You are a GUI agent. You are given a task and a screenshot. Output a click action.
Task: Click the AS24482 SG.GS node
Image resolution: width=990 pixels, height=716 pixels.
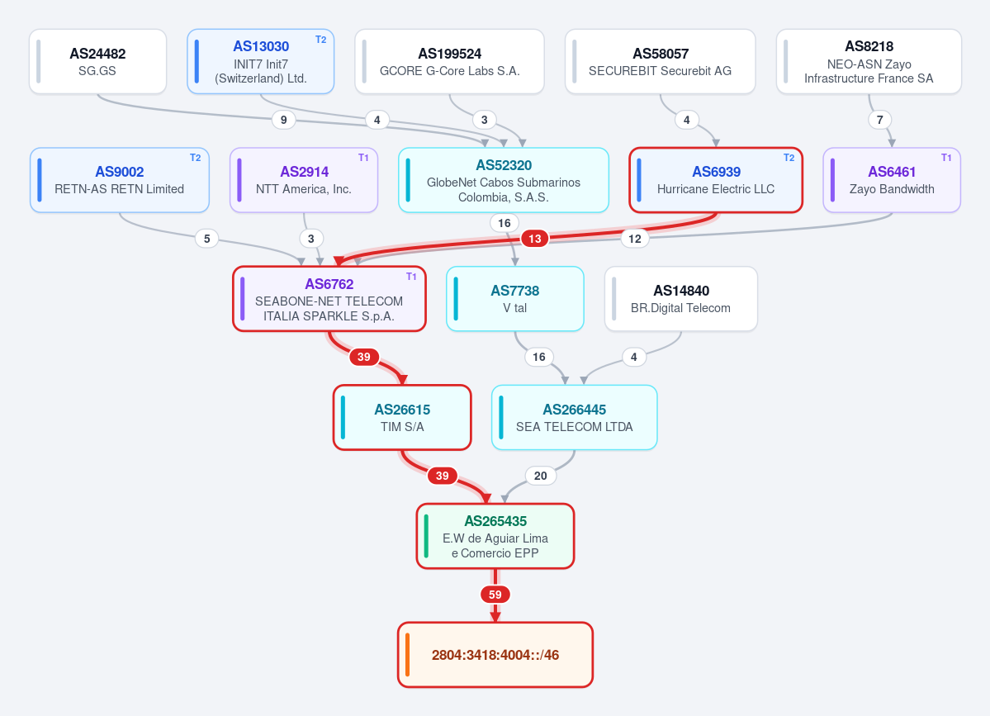tap(98, 61)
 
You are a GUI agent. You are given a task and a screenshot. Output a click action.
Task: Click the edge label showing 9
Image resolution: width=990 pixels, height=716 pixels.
tap(283, 120)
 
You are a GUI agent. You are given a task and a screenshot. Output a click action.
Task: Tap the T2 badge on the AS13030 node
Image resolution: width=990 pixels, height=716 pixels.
tap(320, 40)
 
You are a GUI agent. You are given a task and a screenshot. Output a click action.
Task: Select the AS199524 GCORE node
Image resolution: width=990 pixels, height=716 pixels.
tap(449, 61)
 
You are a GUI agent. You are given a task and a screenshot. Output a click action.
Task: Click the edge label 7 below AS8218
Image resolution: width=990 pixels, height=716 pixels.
tap(880, 120)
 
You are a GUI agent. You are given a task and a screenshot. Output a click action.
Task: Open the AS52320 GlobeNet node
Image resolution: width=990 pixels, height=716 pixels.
tap(504, 180)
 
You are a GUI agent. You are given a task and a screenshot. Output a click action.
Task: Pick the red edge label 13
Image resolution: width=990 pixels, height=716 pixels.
tap(535, 239)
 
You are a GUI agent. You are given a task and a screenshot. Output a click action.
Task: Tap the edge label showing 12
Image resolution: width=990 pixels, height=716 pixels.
tap(634, 239)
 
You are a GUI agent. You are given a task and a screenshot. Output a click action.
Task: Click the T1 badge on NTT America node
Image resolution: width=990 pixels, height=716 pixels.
tap(363, 158)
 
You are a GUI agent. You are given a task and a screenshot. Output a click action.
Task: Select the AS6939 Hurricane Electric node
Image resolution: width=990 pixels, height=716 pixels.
tap(716, 180)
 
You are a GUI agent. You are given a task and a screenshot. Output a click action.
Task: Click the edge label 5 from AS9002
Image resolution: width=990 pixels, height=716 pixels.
tap(207, 239)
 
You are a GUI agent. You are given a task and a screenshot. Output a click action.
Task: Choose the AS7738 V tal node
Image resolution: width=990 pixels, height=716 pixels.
tap(515, 299)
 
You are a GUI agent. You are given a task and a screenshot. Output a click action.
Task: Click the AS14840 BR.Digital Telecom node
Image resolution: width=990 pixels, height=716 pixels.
tap(681, 299)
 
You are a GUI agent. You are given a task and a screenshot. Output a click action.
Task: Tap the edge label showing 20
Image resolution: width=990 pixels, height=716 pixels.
tap(541, 476)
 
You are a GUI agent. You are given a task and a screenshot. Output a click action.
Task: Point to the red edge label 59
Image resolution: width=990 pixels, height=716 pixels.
tap(495, 595)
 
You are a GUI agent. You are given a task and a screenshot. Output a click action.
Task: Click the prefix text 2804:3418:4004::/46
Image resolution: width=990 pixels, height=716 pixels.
tap(495, 656)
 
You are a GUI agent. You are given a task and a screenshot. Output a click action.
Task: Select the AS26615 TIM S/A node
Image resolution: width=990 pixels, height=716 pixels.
tap(402, 417)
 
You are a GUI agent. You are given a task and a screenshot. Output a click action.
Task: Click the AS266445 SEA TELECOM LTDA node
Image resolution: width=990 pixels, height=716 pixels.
tap(575, 417)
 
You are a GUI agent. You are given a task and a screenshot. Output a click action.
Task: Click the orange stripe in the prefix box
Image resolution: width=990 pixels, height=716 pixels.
tap(407, 655)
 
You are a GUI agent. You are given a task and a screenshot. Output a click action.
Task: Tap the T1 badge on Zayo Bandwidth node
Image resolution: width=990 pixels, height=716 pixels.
tap(946, 158)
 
